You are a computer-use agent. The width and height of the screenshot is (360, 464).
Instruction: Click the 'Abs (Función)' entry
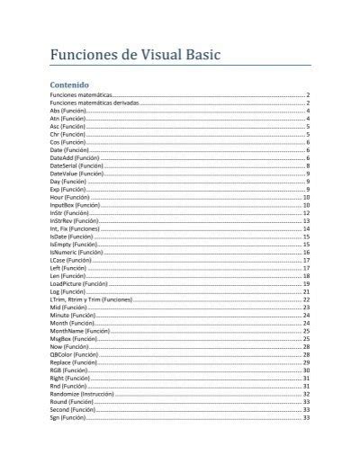(x=68, y=111)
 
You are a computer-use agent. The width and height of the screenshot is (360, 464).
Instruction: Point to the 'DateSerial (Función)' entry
(x=77, y=165)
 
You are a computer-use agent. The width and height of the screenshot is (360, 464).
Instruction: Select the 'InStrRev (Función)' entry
(x=75, y=220)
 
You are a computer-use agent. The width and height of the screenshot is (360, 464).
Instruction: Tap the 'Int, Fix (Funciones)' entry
(x=79, y=228)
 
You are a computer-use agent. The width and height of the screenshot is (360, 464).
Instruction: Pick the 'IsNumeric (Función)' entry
(x=76, y=253)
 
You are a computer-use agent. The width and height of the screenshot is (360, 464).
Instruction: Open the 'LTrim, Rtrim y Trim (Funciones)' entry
(x=91, y=299)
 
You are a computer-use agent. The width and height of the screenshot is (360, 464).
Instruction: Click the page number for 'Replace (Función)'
(x=307, y=362)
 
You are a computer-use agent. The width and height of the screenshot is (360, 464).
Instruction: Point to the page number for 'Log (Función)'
(x=307, y=291)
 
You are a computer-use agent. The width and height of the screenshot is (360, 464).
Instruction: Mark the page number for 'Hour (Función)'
(x=307, y=197)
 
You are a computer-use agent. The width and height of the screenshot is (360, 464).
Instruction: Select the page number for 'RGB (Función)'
(x=307, y=370)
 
